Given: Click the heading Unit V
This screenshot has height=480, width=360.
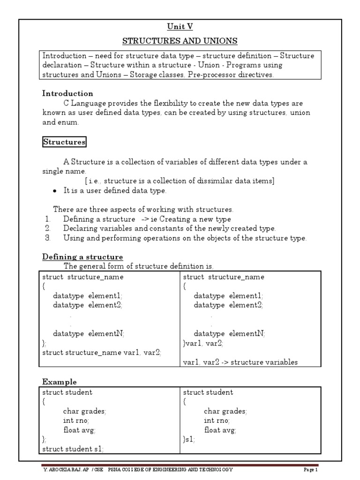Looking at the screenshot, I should [180, 27].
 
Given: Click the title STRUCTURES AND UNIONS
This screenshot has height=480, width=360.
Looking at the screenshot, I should [180, 41].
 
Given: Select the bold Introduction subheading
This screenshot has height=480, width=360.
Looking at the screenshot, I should [67, 93].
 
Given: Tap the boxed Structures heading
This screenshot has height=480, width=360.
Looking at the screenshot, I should [64, 142].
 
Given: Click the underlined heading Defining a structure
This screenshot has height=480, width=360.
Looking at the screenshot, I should [82, 257].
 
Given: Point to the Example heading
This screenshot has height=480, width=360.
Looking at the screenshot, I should [60, 382].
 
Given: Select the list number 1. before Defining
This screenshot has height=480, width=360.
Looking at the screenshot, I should [47, 219].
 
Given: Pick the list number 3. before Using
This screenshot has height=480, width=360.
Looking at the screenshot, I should [47, 238].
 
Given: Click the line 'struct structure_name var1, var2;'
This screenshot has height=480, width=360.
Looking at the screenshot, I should [102, 353].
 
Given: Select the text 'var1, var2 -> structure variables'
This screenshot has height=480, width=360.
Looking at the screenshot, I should [240, 362].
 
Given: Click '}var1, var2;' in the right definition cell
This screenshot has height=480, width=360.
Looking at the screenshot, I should [203, 343].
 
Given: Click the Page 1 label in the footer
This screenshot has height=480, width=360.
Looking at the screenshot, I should [310, 470].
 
